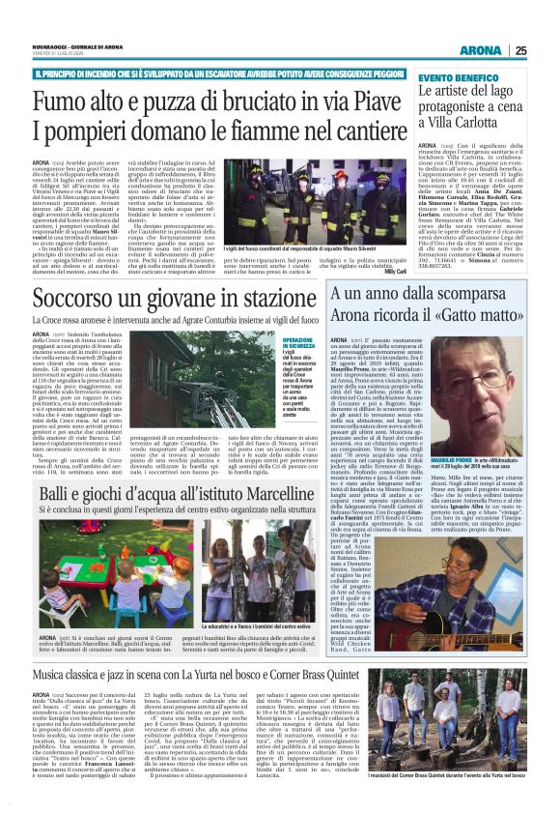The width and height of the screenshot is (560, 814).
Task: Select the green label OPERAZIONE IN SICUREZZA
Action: (296, 345)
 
